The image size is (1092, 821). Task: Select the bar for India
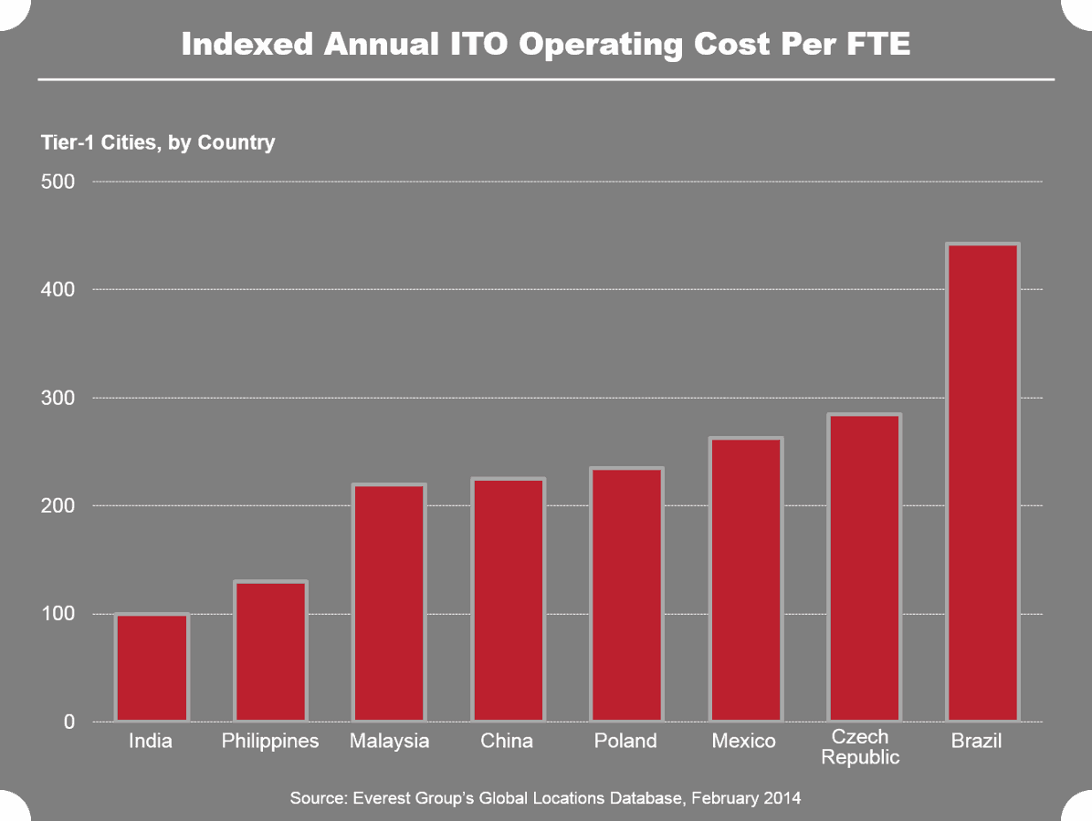pyautogui.click(x=152, y=668)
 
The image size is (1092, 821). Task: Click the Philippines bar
pyautogui.click(x=270, y=651)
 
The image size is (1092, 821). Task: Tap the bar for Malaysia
pyautogui.click(x=389, y=603)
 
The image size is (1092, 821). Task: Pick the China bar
pyautogui.click(x=508, y=600)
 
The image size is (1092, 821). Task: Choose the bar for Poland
pyautogui.click(x=626, y=595)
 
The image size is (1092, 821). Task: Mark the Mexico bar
pyautogui.click(x=745, y=580)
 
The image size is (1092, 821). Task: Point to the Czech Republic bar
pyautogui.click(x=864, y=568)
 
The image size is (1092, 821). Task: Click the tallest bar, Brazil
pyautogui.click(x=982, y=483)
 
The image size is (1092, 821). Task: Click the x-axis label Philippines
pyautogui.click(x=270, y=742)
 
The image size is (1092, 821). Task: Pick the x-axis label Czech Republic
pyautogui.click(x=860, y=747)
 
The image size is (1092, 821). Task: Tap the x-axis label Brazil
pyautogui.click(x=976, y=741)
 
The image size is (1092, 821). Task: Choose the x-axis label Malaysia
pyautogui.click(x=389, y=742)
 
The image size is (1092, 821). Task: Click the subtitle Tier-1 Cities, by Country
pyautogui.click(x=157, y=142)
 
